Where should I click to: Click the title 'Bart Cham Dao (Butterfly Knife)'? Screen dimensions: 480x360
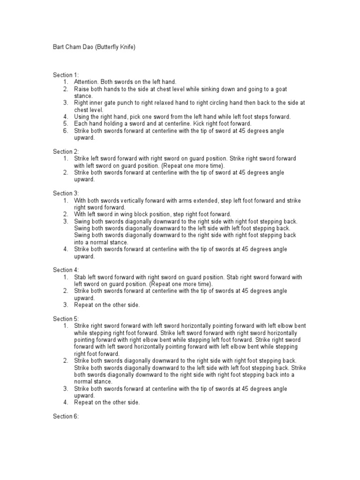pyautogui.click(x=94, y=47)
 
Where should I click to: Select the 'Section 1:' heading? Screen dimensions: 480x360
pyautogui.click(x=66, y=75)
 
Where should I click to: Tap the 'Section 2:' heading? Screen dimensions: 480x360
pyautogui.click(x=66, y=151)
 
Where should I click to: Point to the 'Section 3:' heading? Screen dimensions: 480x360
pyautogui.click(x=66, y=193)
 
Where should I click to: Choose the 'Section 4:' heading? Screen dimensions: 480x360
pyautogui.click(x=66, y=270)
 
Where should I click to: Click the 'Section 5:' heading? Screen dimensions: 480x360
pyautogui.click(x=66, y=318)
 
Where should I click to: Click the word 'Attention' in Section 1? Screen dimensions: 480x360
pyautogui.click(x=86, y=82)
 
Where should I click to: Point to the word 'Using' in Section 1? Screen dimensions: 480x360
pyautogui.click(x=82, y=117)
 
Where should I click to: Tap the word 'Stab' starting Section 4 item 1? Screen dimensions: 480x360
pyautogui.click(x=80, y=277)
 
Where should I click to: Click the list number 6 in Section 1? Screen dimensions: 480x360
pyautogui.click(x=66, y=131)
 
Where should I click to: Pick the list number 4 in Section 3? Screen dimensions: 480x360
pyautogui.click(x=66, y=249)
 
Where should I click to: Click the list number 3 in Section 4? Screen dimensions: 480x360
pyautogui.click(x=66, y=305)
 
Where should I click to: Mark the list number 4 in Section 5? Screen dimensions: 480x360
pyautogui.click(x=66, y=402)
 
